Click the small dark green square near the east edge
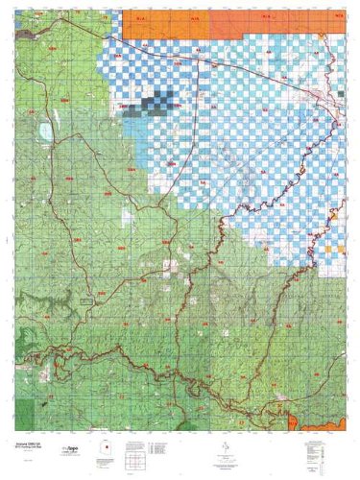[x=341, y=92]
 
